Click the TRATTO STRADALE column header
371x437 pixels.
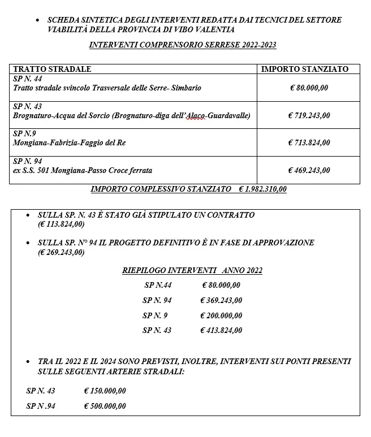pos(52,69)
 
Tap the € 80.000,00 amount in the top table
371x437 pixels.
pos(309,88)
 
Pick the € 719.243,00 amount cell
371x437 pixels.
pos(309,116)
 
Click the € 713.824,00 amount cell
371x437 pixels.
pos(309,143)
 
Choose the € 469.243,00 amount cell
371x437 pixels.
pos(309,170)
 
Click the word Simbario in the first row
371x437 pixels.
pos(186,88)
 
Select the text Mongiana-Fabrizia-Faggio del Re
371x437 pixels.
pos(69,143)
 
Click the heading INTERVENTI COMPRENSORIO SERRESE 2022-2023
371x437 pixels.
pos(183,44)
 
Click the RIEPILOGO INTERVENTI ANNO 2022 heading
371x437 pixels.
pos(192,271)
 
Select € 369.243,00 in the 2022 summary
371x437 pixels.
pos(221,300)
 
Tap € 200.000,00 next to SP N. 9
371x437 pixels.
pos(221,315)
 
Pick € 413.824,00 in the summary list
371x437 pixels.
pos(221,330)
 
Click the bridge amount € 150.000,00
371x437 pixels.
pos(105,391)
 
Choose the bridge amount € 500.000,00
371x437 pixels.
pos(105,406)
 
